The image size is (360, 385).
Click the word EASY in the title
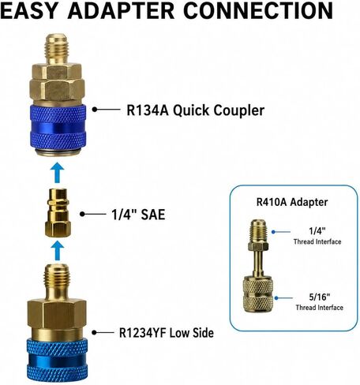click(x=29, y=11)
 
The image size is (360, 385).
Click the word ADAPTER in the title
click(x=122, y=11)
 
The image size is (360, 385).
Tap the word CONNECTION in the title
click(x=258, y=11)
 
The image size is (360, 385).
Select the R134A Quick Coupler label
click(x=196, y=110)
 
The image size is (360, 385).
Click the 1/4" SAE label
click(x=138, y=215)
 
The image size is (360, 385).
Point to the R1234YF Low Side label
click(x=167, y=333)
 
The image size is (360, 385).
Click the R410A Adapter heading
click(x=292, y=202)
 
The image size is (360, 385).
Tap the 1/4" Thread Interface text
click(x=317, y=236)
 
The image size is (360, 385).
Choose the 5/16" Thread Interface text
click(x=319, y=302)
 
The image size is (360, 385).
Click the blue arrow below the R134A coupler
click(x=58, y=173)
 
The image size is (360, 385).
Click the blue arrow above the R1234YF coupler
click(x=58, y=251)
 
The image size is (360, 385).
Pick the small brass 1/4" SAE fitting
click(x=58, y=213)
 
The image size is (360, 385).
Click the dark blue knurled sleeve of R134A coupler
click(x=58, y=129)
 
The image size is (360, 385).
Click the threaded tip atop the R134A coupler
click(x=58, y=49)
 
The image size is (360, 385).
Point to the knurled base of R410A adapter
click(x=258, y=294)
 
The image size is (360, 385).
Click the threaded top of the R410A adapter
click(x=258, y=231)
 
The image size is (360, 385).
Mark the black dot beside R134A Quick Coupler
click(x=95, y=110)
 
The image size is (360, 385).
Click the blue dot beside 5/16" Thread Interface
click(x=276, y=298)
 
